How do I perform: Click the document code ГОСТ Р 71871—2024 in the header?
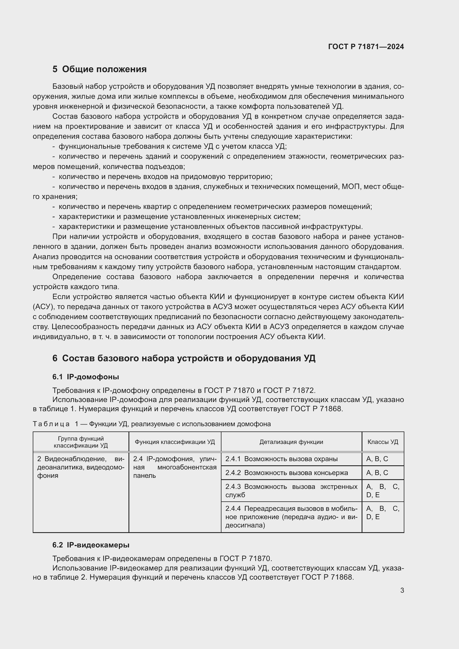[366, 47]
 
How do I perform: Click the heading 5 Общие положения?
[100, 69]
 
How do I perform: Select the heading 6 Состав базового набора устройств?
[184, 358]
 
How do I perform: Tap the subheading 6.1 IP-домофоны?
[86, 377]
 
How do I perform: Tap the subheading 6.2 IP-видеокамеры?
[91, 545]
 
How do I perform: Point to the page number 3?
[402, 590]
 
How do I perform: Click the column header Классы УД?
[383, 442]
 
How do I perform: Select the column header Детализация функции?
[291, 442]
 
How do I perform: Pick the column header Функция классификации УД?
[175, 442]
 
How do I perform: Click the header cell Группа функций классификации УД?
[81, 442]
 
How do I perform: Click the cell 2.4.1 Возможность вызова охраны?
[291, 459]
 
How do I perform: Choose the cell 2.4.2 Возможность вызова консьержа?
[291, 473]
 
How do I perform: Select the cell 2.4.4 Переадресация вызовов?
[291, 517]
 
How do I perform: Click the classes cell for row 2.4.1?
[383, 459]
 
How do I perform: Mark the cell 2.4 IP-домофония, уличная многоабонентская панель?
[175, 467]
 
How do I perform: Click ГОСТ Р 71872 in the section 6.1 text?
[289, 390]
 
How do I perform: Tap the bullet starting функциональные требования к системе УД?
[172, 147]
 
